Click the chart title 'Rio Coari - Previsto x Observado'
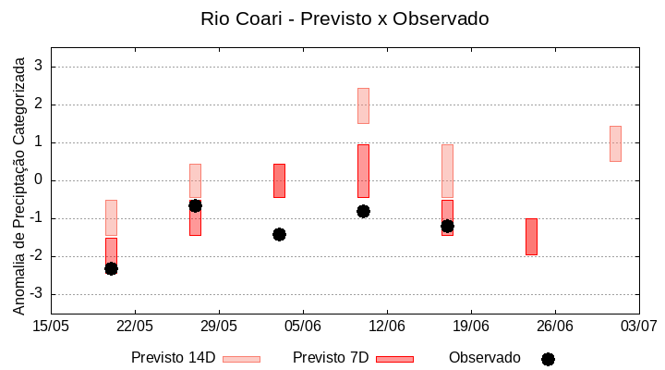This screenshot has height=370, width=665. tap(345, 18)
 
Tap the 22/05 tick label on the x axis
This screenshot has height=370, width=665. tap(135, 326)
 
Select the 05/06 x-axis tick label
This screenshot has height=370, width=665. tap(303, 326)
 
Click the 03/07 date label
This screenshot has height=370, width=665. tap(638, 326)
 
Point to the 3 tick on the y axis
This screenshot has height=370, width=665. tap(39, 67)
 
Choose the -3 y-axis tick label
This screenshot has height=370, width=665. tap(36, 294)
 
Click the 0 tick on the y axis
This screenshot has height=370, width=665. tap(39, 180)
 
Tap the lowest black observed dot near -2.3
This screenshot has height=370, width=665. tap(111, 268)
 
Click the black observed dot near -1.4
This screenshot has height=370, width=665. tap(279, 234)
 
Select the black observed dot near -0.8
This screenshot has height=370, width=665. tap(363, 211)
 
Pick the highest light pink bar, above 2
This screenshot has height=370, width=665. tap(363, 105)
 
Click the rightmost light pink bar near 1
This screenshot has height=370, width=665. tap(615, 143)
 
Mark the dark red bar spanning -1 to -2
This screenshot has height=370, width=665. tap(531, 236)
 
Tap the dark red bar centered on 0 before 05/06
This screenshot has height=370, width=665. tap(279, 180)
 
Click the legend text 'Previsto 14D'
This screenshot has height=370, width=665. tap(173, 357)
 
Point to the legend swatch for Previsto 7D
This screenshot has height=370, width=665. tap(394, 359)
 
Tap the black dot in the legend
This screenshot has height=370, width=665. tap(548, 359)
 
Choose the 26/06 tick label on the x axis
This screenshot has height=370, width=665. tap(554, 326)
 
